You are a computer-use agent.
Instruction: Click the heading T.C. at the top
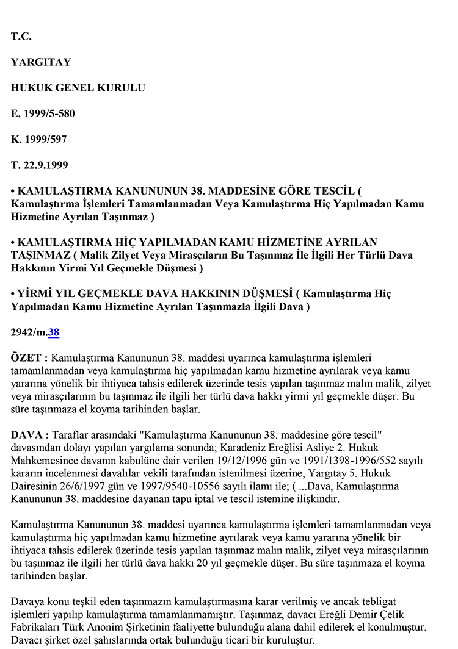[21, 37]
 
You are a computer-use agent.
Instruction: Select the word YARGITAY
[41, 62]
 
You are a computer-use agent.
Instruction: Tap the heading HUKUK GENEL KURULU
[78, 88]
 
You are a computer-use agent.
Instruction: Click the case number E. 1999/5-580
[43, 113]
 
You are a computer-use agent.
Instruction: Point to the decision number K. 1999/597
[39, 139]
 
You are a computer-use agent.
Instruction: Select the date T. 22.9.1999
[39, 165]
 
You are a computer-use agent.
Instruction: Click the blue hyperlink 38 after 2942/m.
[54, 332]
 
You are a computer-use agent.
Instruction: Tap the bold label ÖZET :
[29, 358]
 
